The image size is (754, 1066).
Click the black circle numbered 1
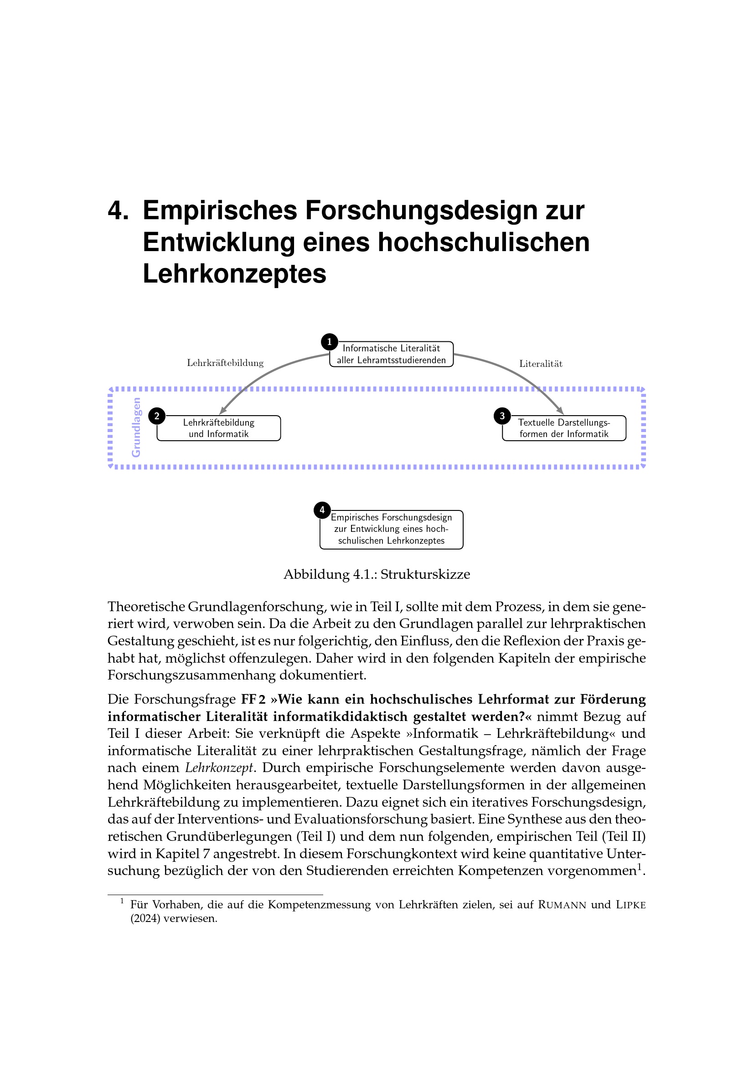pos(329,342)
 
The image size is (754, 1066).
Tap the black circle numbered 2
pos(157,416)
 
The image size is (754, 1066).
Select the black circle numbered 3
pos(502,416)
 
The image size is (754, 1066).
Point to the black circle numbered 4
pos(322,510)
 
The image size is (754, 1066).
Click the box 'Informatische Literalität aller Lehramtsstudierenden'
pos(392,354)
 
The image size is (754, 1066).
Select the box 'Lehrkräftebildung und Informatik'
pos(219,428)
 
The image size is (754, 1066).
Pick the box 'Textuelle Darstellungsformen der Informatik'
pos(564,428)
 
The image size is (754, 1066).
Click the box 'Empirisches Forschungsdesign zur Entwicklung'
pos(392,529)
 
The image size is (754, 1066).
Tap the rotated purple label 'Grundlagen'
pos(136,427)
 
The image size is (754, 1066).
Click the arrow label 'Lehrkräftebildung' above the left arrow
pos(225,363)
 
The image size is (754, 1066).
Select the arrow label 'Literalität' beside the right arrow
pos(541,364)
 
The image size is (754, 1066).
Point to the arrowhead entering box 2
pos(223,411)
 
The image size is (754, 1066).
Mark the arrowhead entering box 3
pos(560,411)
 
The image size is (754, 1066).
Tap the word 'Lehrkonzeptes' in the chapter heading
pos(234,273)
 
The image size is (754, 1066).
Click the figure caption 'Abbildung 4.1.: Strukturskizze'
pos(377,574)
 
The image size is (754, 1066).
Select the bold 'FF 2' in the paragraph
pos(253,699)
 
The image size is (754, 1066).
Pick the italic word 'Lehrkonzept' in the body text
pos(219,767)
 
